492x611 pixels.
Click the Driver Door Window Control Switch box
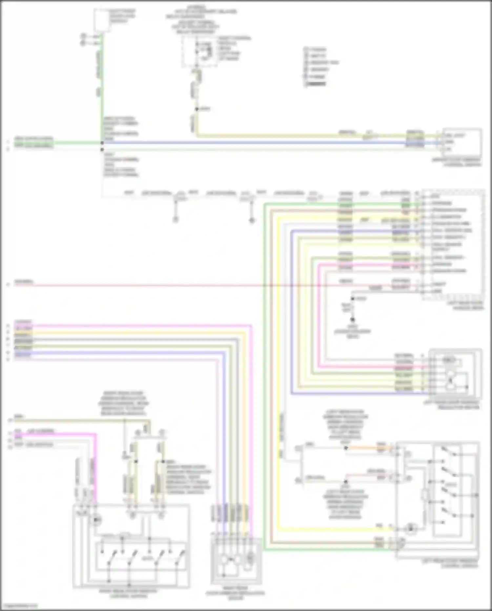pyautogui.click(x=462, y=142)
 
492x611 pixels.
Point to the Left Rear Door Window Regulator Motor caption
pyautogui.click(x=456, y=404)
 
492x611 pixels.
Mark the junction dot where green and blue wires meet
pyautogui.click(x=102, y=143)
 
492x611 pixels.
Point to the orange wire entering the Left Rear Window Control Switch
pyautogui.click(x=367, y=448)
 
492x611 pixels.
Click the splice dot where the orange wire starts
pyautogui.click(x=346, y=448)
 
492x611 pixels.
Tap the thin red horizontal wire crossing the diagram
pyautogui.click(x=164, y=285)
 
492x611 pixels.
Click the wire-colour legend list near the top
pyautogui.click(x=316, y=66)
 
